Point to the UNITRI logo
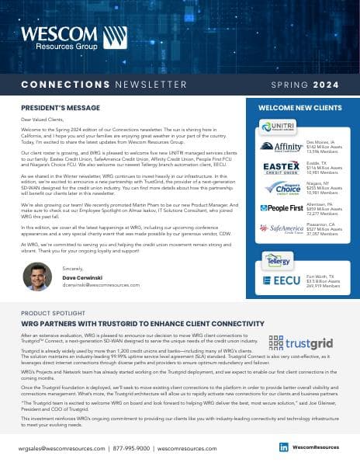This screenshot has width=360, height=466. [276, 127]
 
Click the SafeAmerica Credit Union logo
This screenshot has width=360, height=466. [281, 229]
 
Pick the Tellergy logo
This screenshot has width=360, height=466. [276, 259]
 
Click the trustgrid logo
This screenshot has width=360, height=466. [302, 342]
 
